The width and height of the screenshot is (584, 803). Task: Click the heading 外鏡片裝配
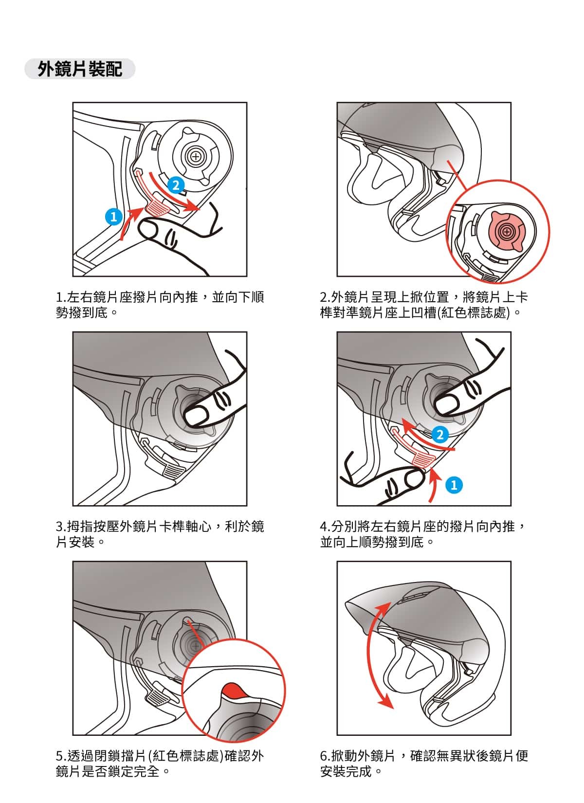coord(80,69)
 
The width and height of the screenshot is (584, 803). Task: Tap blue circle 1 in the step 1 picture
coord(113,217)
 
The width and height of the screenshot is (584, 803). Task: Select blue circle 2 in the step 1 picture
coord(176,185)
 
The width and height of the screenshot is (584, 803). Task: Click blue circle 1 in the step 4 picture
coord(454,485)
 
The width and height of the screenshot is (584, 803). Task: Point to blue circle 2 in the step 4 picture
coord(440,435)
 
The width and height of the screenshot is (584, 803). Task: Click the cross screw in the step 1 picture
coord(195,157)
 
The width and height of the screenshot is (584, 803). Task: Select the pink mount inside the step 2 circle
coord(507,232)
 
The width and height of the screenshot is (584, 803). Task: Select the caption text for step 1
coord(160,305)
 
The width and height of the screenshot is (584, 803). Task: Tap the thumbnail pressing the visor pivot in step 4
coord(447,403)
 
